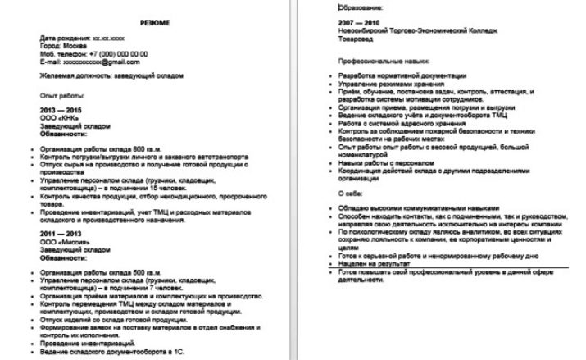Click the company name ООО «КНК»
pos(59,118)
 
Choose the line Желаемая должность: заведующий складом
pos(111,75)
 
